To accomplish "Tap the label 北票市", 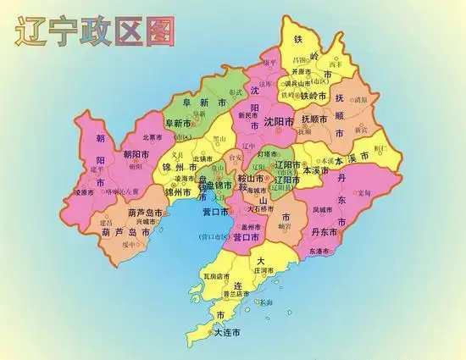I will (153, 136).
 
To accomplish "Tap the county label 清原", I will (360, 98).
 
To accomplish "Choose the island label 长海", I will (266, 302).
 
